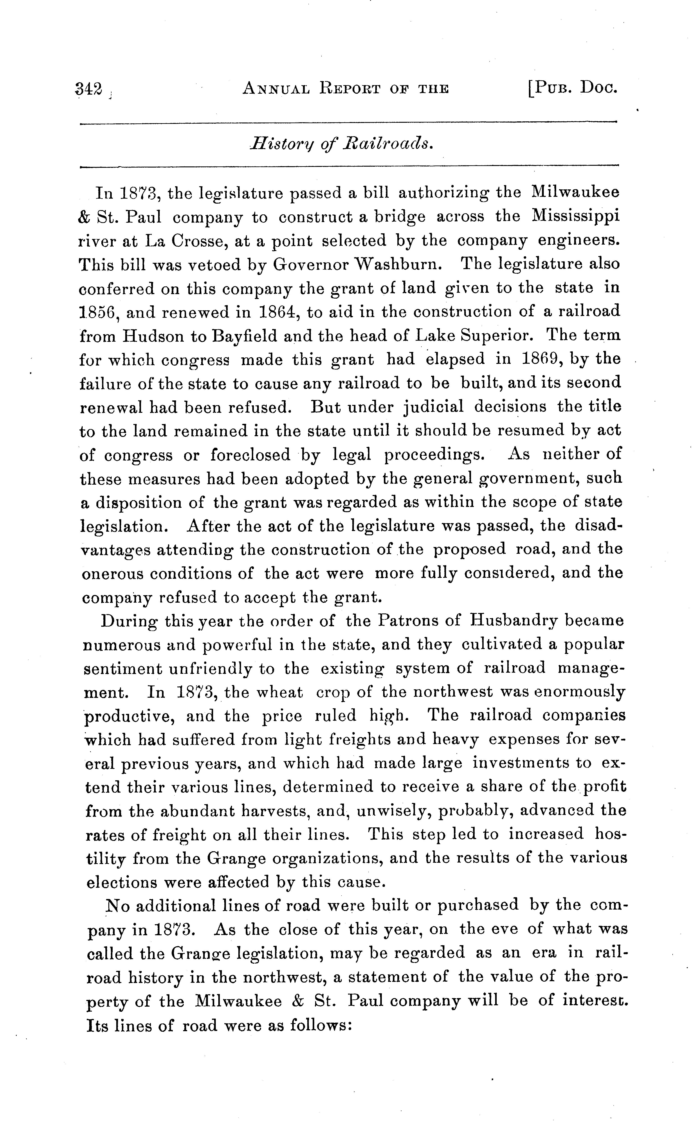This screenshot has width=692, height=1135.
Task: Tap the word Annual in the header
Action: pos(276,88)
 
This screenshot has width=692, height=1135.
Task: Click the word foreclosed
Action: pos(251,455)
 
